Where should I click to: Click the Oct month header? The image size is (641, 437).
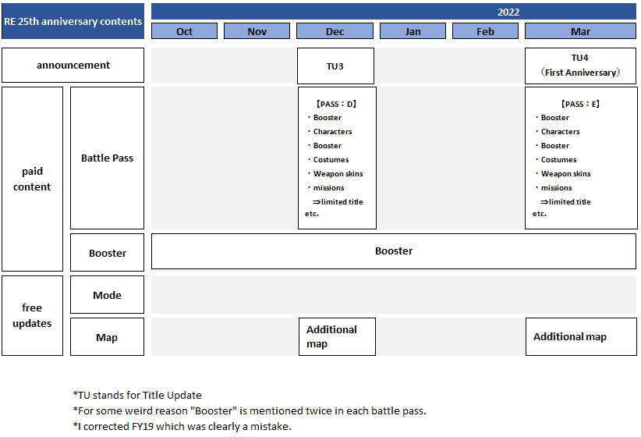tap(184, 31)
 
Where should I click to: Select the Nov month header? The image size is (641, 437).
tap(257, 31)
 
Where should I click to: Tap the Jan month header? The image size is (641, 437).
tap(413, 31)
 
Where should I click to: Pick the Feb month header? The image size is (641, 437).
tap(485, 31)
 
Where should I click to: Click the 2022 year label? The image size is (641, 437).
tap(508, 12)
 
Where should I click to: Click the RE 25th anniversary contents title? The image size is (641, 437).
tap(73, 21)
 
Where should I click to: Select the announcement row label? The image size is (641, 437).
tap(73, 65)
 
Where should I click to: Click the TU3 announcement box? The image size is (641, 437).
tap(335, 66)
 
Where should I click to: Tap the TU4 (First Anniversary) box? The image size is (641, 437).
tap(580, 66)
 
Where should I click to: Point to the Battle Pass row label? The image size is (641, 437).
tap(107, 158)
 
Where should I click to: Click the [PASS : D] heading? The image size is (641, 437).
tap(336, 104)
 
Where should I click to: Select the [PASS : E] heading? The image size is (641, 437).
tap(580, 104)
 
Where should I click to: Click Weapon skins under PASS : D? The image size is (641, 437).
tap(338, 173)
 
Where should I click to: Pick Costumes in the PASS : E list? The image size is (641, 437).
tap(558, 159)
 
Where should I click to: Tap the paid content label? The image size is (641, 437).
tap(32, 179)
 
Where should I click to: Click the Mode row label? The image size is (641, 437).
tap(107, 295)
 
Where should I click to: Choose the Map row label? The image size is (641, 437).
tap(107, 337)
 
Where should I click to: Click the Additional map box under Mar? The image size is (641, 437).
tap(581, 336)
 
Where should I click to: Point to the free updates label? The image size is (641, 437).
tap(32, 315)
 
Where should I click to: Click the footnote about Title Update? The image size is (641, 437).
tap(137, 396)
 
